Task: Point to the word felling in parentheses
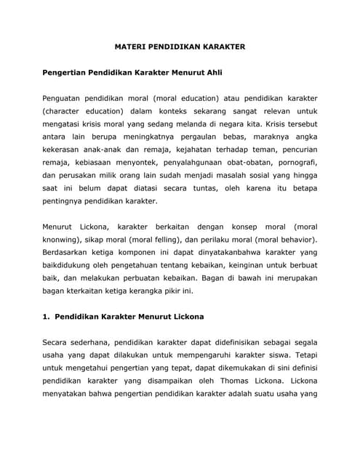tap(164, 238)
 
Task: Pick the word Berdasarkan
tap(68, 252)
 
